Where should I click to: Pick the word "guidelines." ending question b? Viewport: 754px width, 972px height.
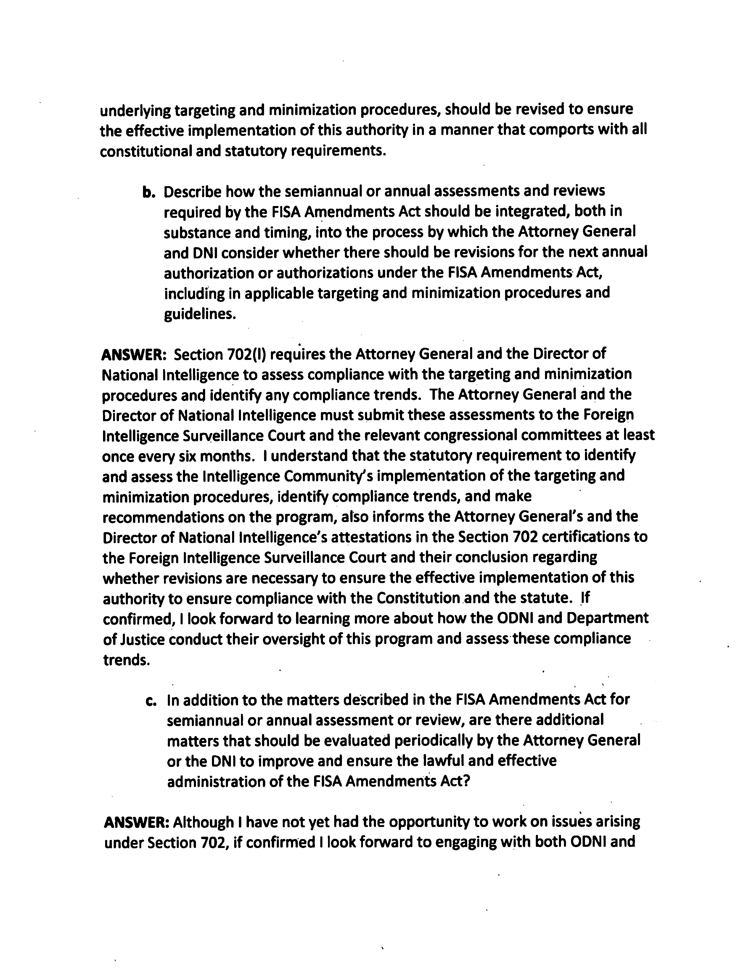[x=200, y=314]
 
